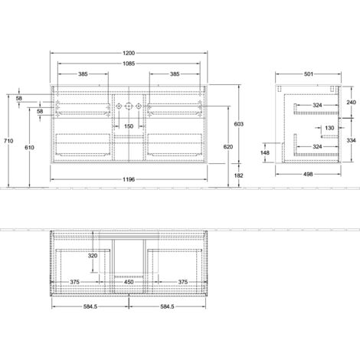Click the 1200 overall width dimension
coord(129,53)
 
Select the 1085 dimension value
coord(129,64)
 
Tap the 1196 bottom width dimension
coord(129,179)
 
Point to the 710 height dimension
coord(8,141)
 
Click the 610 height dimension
coord(29,147)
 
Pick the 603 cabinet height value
coord(239,124)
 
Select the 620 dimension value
coord(228,147)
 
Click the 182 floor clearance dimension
coord(239,175)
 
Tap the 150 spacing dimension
coord(129,126)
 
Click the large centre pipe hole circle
coord(129,106)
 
